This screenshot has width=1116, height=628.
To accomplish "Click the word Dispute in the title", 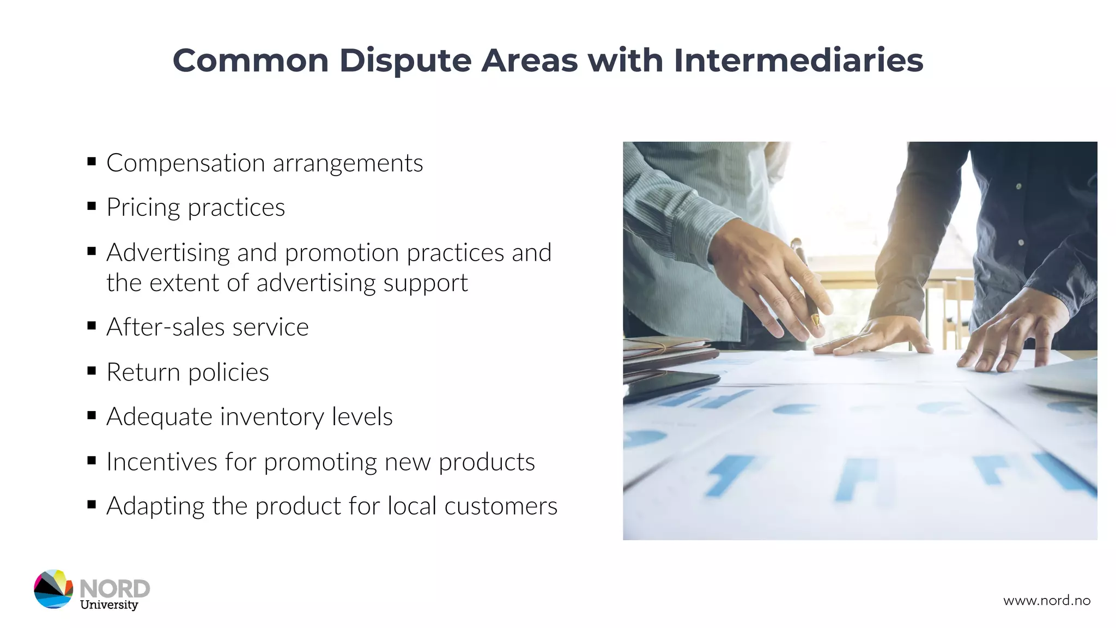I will (405, 61).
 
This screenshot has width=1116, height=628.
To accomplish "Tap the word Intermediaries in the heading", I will (798, 61).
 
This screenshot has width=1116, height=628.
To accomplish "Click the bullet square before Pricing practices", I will (92, 206).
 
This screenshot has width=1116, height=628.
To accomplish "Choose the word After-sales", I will (166, 327).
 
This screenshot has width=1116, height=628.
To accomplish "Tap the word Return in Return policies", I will (143, 372).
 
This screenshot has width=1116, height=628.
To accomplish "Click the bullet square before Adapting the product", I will (92, 505).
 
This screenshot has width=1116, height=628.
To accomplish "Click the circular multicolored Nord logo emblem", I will (53, 589).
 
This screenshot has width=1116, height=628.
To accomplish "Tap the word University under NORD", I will (109, 605).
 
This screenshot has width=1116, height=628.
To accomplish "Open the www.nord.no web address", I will (1046, 601).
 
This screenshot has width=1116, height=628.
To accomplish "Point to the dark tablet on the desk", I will (668, 385).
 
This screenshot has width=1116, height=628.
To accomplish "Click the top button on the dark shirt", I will (1018, 186).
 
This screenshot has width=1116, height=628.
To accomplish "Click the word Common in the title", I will (250, 61).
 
